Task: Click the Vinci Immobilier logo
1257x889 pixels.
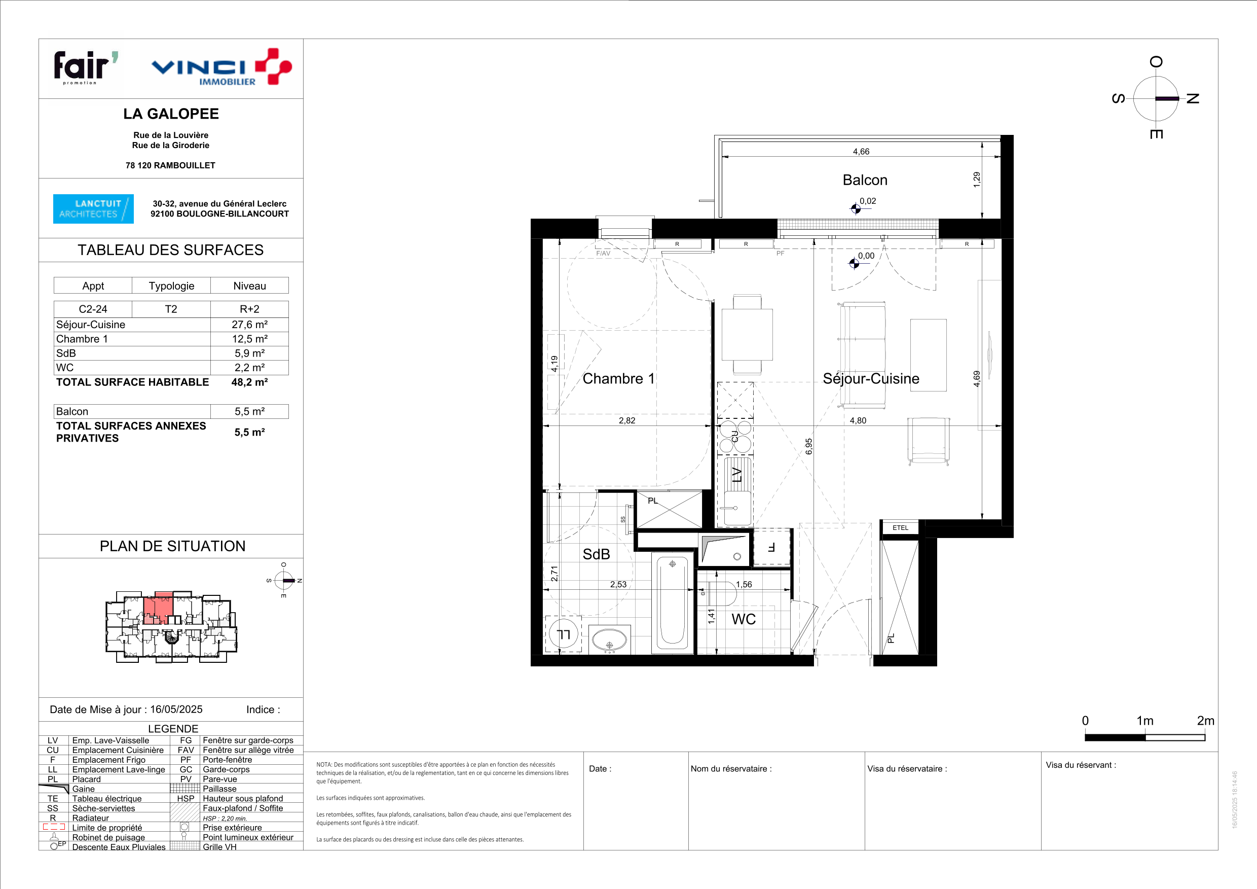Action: coord(221,67)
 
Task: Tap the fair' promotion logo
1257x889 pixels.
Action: coord(86,67)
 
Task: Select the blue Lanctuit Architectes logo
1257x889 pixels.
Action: coord(93,209)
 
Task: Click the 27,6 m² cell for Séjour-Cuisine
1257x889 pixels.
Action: coord(250,325)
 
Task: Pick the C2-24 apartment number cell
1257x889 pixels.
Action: coord(93,309)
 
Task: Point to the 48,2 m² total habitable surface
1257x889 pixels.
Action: coord(250,382)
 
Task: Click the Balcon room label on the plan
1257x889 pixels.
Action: coord(865,180)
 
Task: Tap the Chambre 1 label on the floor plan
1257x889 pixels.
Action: coord(619,378)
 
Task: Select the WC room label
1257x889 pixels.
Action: coord(744,620)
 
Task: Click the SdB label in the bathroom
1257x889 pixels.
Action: coord(596,554)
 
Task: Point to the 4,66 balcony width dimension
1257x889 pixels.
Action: coord(861,152)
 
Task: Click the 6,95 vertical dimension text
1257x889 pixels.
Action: coord(809,446)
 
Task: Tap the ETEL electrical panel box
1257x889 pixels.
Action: coord(900,528)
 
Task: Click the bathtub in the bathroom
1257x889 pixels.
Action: coord(672,602)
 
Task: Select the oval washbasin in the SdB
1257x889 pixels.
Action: coord(609,639)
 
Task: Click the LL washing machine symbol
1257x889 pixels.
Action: coord(563,634)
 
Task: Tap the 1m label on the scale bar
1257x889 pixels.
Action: coord(1145,721)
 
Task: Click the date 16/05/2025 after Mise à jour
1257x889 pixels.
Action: coord(176,709)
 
